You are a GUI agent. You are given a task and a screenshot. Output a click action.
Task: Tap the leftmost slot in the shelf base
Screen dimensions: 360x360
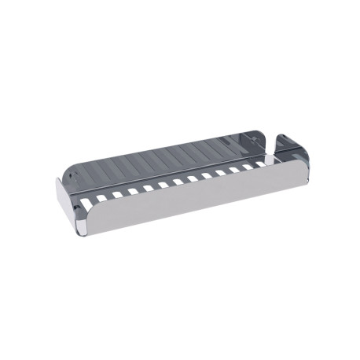(101, 197)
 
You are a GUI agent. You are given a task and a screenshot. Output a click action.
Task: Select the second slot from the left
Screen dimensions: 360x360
(116, 193)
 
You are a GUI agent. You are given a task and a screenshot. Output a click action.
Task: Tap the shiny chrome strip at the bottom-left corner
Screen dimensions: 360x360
(86, 230)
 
